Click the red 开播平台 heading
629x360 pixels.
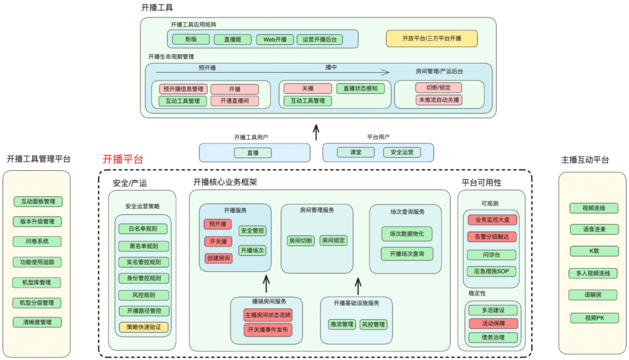[123, 160]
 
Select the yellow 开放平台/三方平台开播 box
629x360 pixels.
[432, 38]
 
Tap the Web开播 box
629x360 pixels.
[275, 40]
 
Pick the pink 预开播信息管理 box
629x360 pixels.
[183, 89]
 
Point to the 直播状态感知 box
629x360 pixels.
[360, 89]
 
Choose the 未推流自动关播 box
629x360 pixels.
[439, 100]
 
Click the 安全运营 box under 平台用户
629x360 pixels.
[402, 152]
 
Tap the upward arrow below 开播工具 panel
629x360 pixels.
[316, 132]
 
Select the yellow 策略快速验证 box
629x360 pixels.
[143, 327]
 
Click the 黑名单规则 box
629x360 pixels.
[143, 246]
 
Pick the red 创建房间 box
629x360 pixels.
[218, 258]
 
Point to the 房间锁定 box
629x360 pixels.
[333, 240]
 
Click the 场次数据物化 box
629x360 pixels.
[407, 234]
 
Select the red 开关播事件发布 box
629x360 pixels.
[268, 330]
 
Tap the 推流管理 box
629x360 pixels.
[342, 324]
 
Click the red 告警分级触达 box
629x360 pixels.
[492, 237]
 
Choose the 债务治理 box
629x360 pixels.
[492, 337]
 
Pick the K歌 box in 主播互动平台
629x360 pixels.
[593, 251]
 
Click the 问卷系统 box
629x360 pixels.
[37, 242]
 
